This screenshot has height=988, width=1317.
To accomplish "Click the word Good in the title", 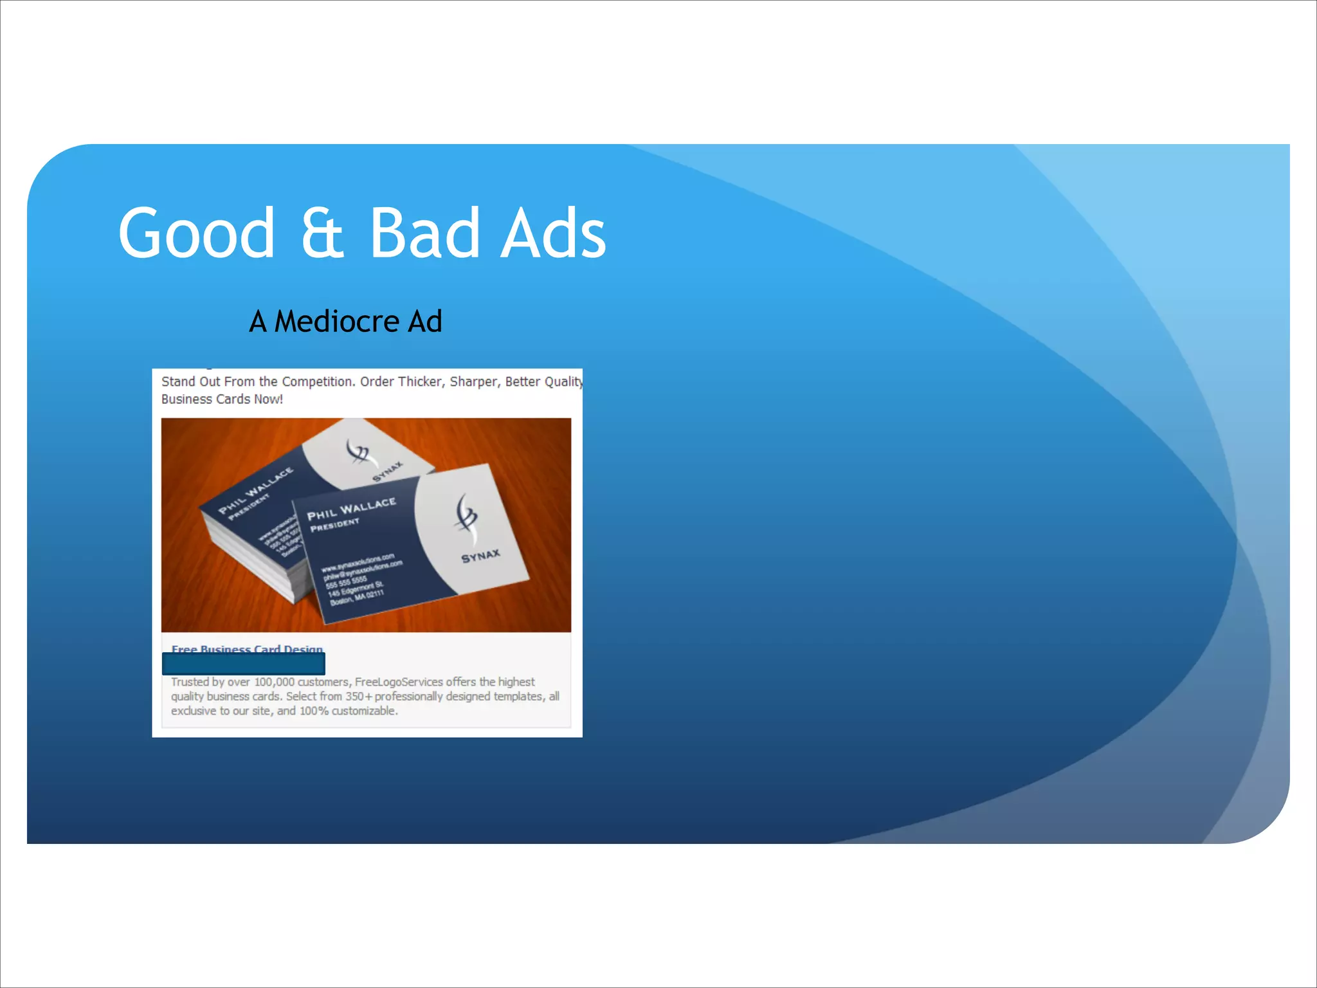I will tap(196, 233).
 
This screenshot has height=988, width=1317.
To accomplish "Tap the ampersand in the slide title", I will tap(322, 233).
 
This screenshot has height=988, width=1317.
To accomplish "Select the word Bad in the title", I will tap(424, 233).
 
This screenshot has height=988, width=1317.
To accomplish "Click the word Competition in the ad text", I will tap(318, 381).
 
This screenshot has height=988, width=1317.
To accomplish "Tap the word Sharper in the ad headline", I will tap(474, 381).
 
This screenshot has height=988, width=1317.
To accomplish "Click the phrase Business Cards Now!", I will tap(222, 399).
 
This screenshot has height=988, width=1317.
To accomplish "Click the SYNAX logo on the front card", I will tap(480, 556).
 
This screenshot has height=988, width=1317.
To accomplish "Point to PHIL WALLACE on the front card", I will tap(351, 509).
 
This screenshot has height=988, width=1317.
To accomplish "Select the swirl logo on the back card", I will tap(358, 452).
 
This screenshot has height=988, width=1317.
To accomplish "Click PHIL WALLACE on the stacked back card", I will tap(255, 491).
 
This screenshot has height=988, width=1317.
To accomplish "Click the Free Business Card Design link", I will tap(247, 648).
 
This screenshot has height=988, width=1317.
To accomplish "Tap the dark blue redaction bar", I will tap(244, 664).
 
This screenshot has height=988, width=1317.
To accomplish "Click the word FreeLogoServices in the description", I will tap(399, 682).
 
